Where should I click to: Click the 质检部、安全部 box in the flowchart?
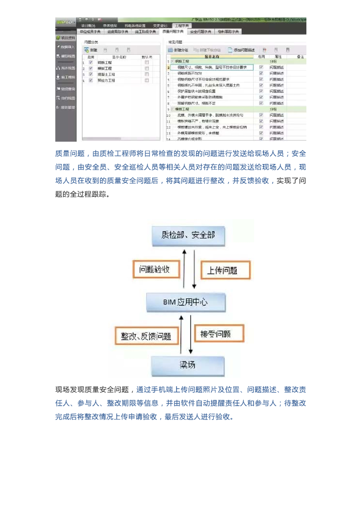click(x=188, y=235)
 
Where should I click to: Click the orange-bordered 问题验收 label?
click(x=155, y=269)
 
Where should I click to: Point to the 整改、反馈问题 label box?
click(x=146, y=336)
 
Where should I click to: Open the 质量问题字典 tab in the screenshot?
click(x=173, y=31)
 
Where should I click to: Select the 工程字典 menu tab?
click(x=181, y=25)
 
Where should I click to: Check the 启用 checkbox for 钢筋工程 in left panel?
click(x=90, y=62)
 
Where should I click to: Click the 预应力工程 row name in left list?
click(x=106, y=80)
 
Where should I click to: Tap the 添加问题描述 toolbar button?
click(x=241, y=50)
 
